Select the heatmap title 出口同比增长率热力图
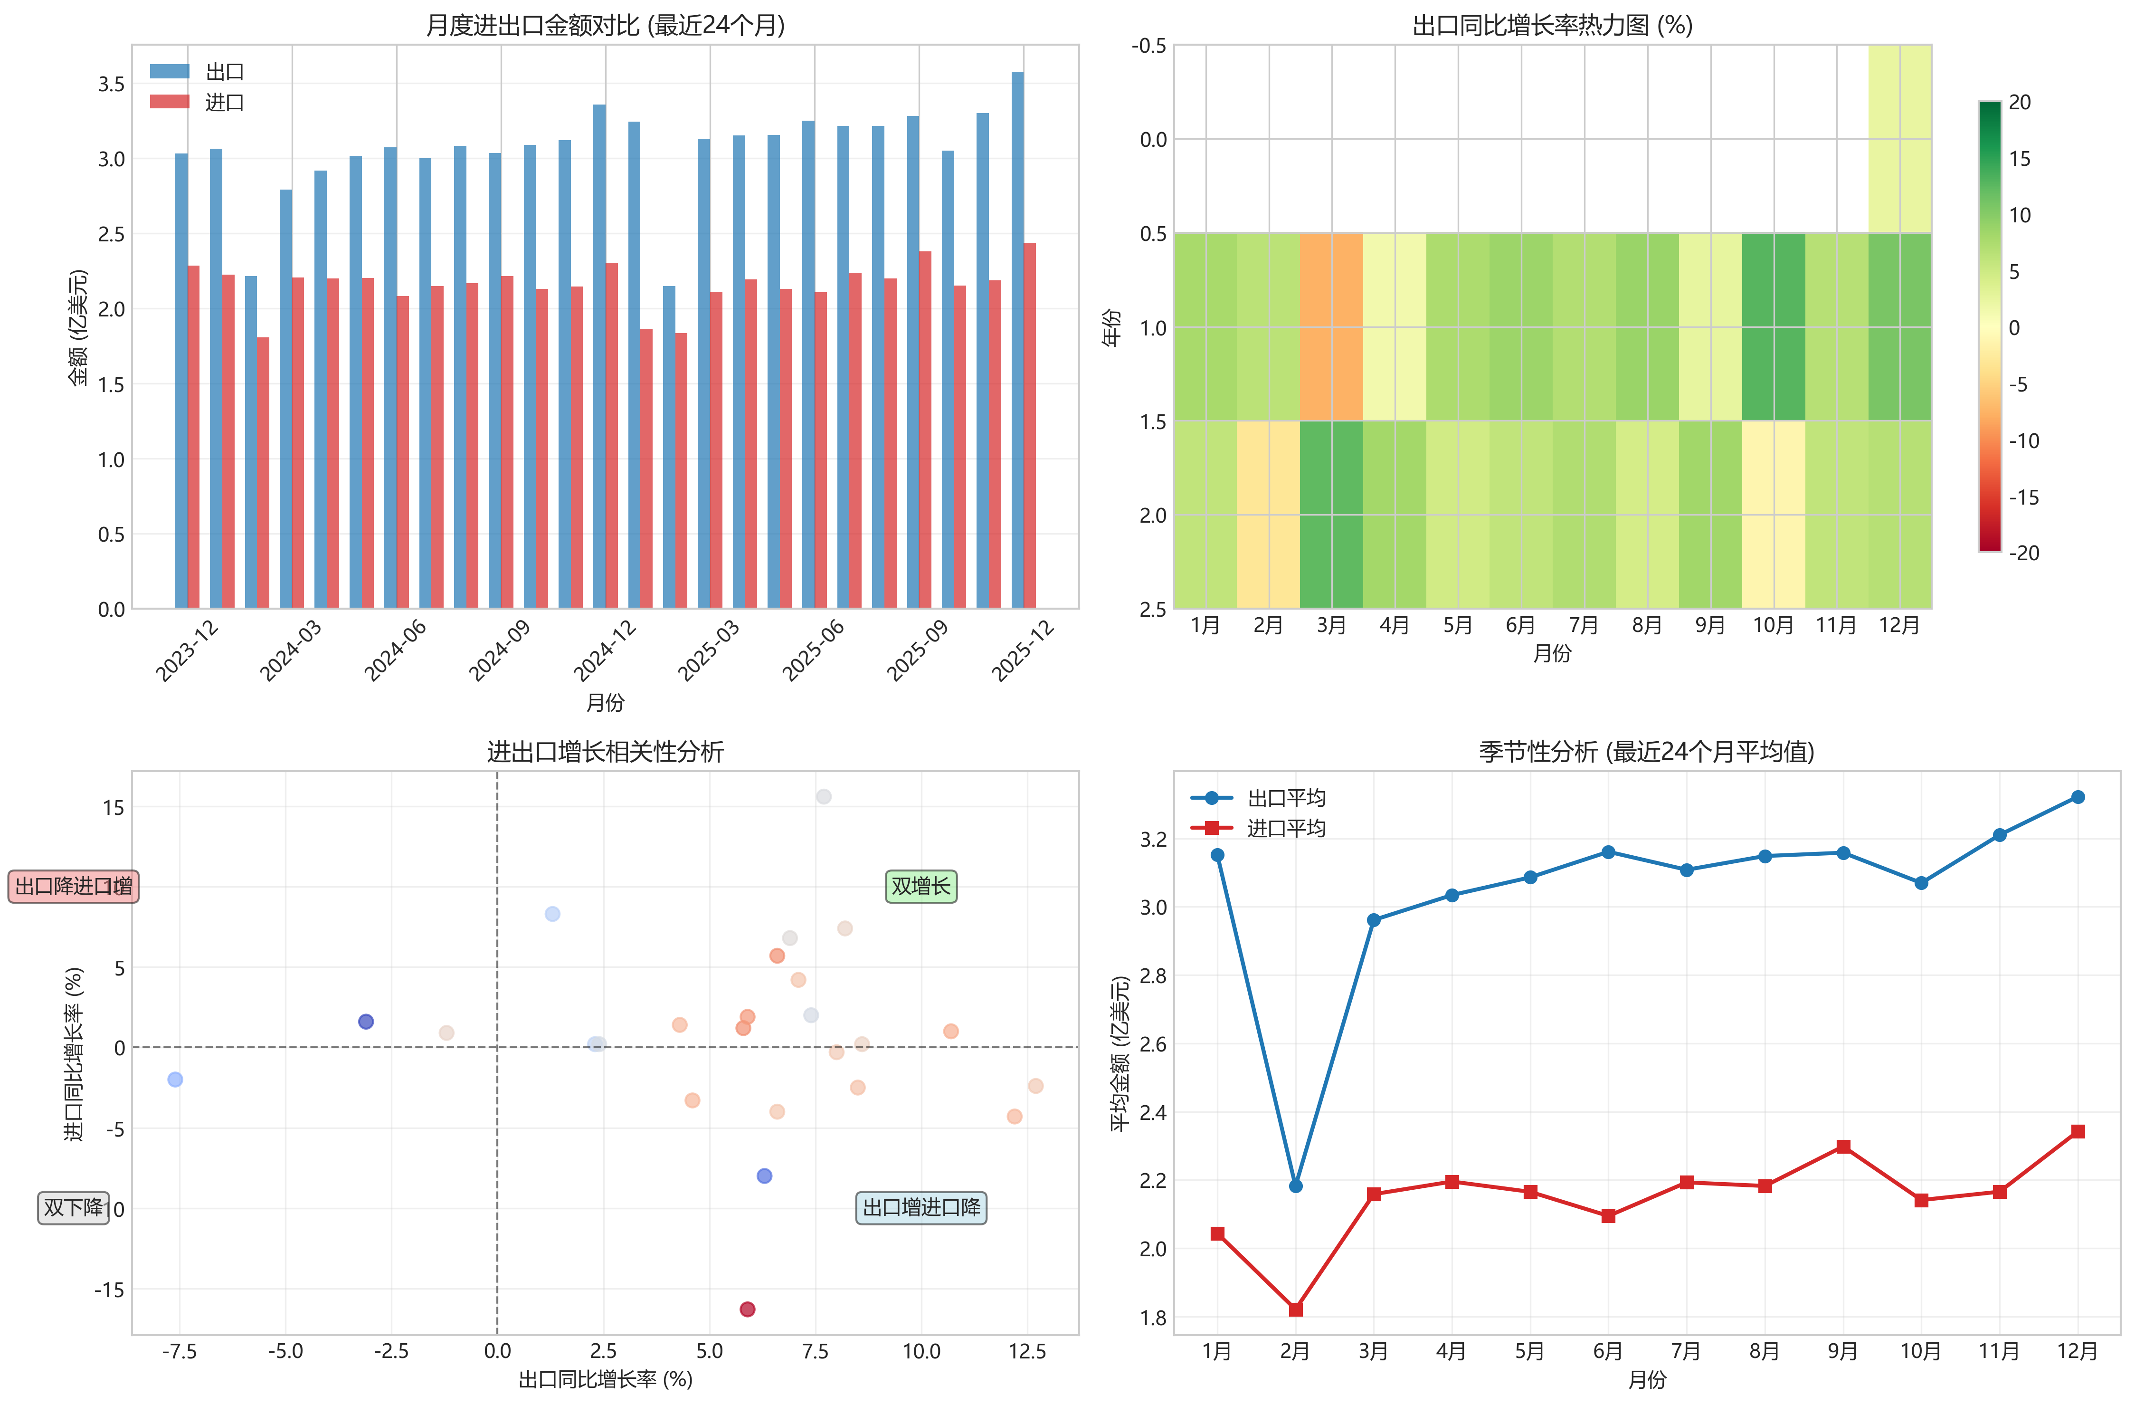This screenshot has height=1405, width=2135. tap(1552, 25)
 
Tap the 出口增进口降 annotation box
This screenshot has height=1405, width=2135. tap(921, 1208)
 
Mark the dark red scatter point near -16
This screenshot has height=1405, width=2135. tap(747, 1309)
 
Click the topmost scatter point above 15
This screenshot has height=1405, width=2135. tap(824, 797)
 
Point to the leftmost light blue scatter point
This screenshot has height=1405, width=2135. tap(175, 1080)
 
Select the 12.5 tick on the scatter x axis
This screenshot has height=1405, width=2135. tap(1027, 1351)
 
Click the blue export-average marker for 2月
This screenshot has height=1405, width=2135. tap(1295, 1186)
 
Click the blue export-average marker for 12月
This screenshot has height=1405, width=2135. tap(2078, 797)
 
